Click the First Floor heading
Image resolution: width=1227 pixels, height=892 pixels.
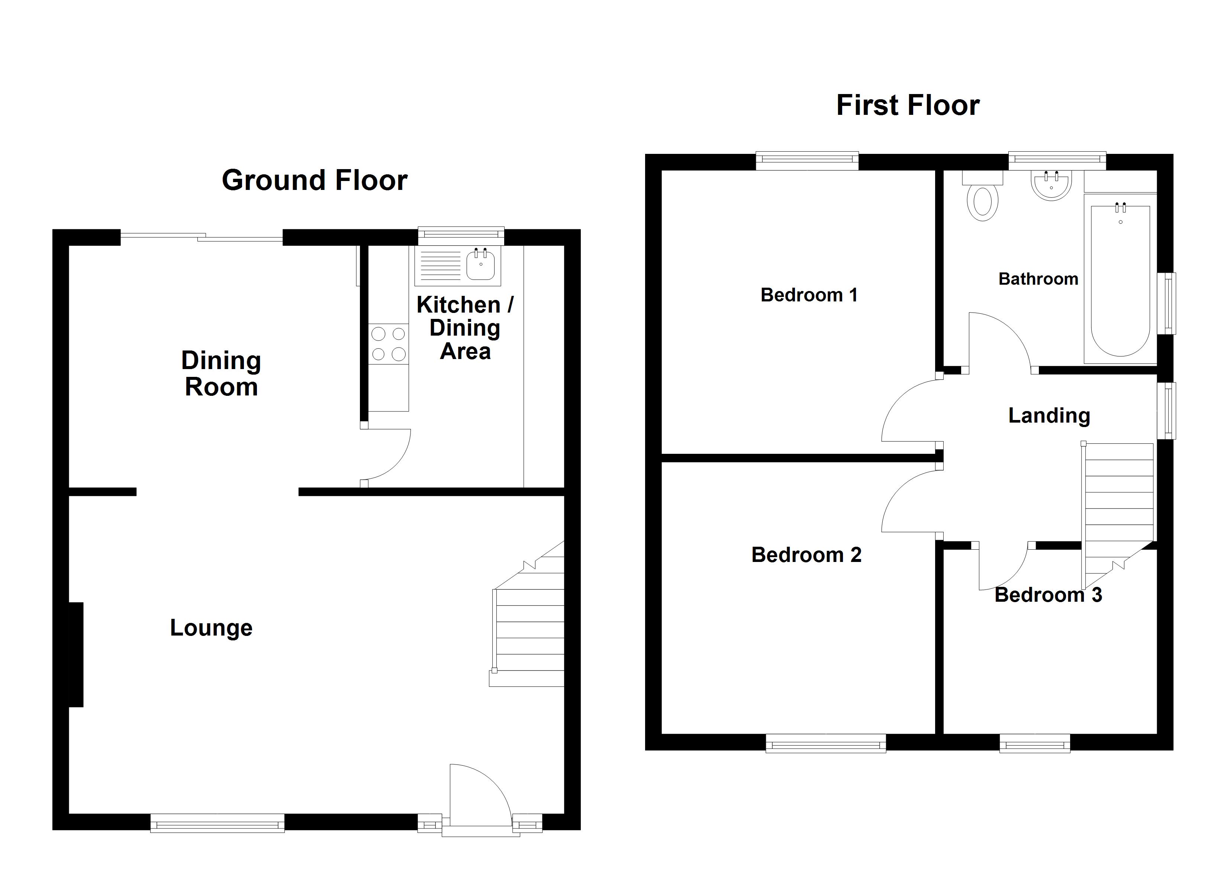[x=908, y=105]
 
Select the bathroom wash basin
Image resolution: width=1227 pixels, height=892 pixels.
[x=1051, y=185]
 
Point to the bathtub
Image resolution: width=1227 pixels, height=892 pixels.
[x=1120, y=279]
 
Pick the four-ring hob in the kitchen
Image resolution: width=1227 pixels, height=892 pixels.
[x=389, y=343]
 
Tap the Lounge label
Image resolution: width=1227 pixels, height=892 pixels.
[x=211, y=627]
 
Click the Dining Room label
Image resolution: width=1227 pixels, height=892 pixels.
[x=221, y=373]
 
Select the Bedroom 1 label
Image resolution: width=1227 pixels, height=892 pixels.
[x=809, y=295]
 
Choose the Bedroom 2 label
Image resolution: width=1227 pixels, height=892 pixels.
[x=806, y=555]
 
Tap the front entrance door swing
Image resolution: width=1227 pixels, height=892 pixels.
[x=480, y=795]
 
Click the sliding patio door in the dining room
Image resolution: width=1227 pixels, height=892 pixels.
[x=201, y=236]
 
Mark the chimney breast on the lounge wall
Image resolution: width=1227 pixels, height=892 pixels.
[x=76, y=655]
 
